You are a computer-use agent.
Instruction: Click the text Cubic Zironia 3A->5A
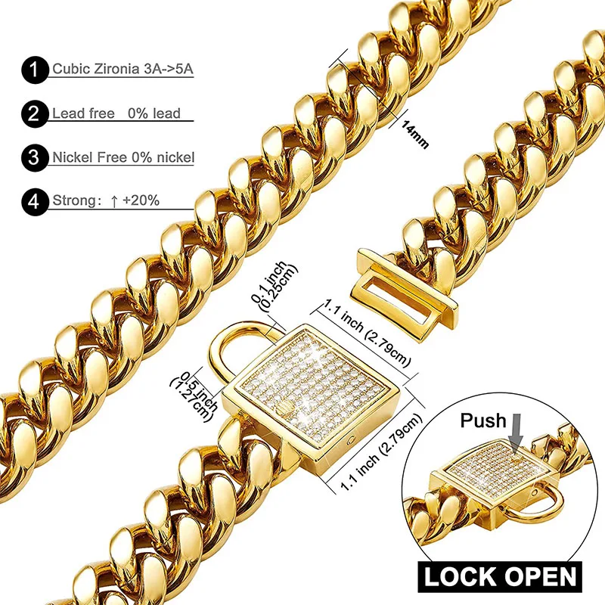[x=123, y=70]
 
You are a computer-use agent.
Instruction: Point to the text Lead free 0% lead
[x=116, y=113]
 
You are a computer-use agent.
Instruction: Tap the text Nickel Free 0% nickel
[x=123, y=157]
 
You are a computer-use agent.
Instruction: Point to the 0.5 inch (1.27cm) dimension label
[x=194, y=392]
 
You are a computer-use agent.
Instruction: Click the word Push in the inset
[x=484, y=420]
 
